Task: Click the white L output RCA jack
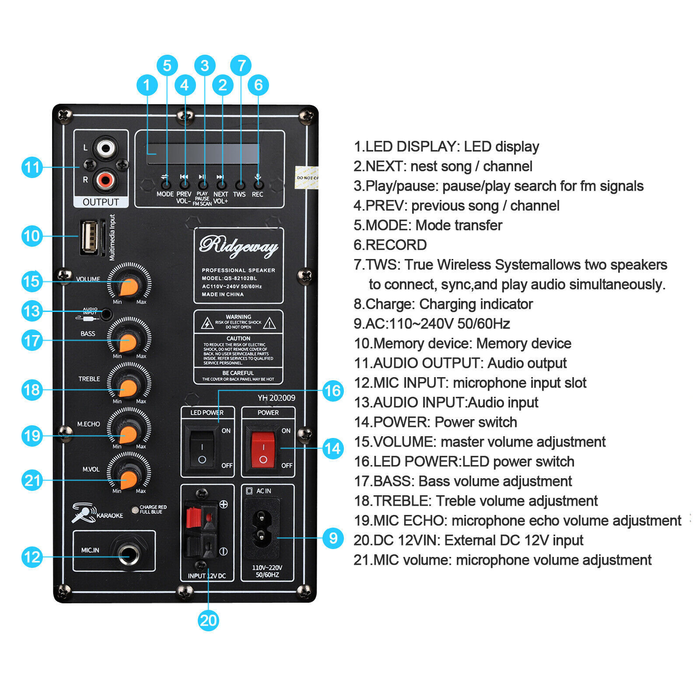[105, 148]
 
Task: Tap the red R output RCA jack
[105, 179]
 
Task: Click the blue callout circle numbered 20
[208, 620]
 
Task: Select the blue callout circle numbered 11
[32, 167]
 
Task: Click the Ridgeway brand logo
[238, 246]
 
